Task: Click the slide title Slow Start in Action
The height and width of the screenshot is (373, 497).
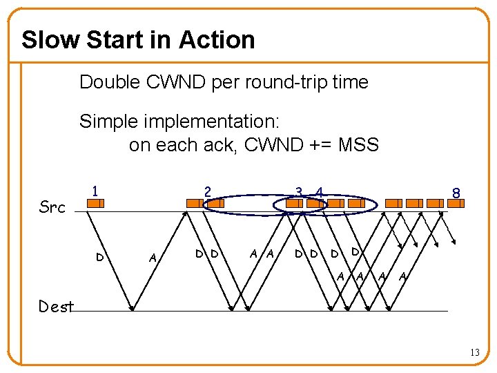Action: click(138, 40)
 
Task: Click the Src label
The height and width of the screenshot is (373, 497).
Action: click(52, 207)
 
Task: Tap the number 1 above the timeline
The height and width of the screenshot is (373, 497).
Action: click(95, 189)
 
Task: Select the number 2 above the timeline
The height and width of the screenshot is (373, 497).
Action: click(206, 190)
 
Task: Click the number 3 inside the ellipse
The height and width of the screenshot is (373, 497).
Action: click(298, 191)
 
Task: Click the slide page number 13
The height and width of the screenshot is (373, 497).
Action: click(475, 353)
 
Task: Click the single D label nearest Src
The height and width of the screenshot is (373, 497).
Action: click(100, 258)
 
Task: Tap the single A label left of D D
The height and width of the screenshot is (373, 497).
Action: click(152, 258)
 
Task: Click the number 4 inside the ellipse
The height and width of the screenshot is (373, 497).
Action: click(319, 191)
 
